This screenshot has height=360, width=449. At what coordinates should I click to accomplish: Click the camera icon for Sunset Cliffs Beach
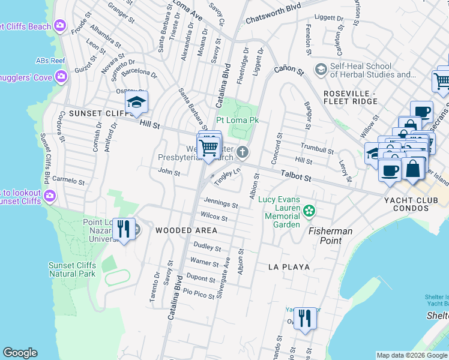click(59, 25)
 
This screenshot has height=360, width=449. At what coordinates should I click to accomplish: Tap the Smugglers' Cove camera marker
click(61, 76)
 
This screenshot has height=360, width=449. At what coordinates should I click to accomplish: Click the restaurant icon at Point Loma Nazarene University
click(124, 229)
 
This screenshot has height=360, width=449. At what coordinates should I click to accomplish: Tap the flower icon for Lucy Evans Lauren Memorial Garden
click(309, 211)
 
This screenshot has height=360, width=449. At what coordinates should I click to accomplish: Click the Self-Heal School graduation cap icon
click(321, 70)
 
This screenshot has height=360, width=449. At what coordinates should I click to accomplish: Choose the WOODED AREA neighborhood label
click(186, 230)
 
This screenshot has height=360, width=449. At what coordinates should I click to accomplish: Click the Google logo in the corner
click(20, 353)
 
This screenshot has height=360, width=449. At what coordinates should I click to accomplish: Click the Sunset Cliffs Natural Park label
click(72, 269)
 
